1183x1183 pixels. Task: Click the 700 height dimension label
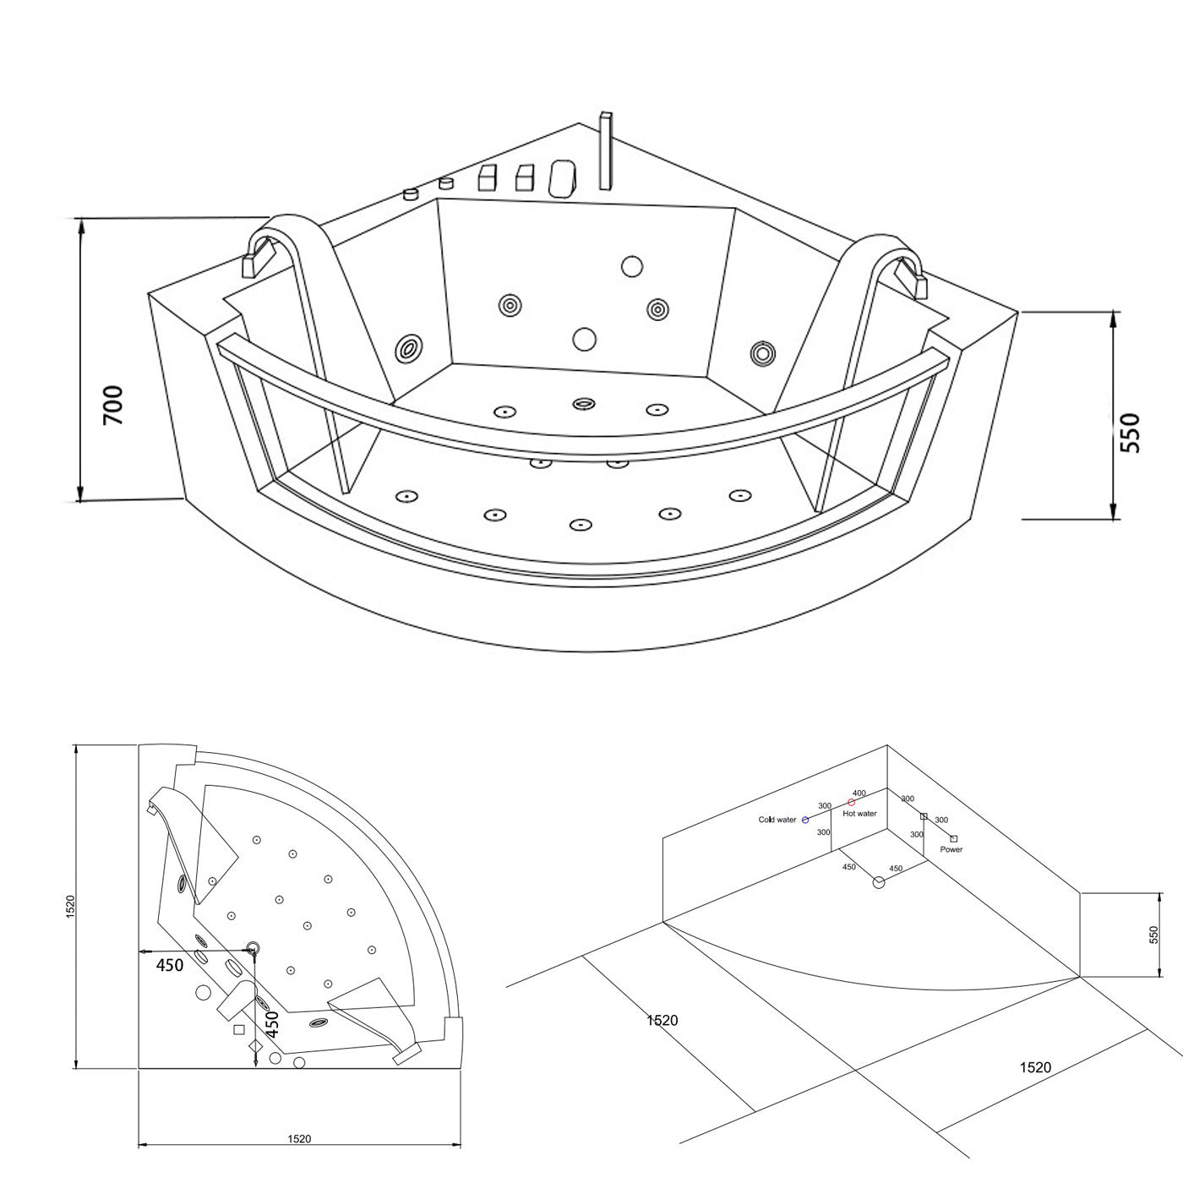click(x=113, y=406)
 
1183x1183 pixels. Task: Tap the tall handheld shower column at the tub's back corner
click(x=606, y=150)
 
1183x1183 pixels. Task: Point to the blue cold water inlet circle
click(x=805, y=820)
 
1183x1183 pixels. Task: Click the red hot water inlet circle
click(x=852, y=803)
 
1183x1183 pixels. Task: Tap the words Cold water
click(x=777, y=820)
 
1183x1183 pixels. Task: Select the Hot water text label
click(x=859, y=814)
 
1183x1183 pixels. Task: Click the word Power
click(x=951, y=850)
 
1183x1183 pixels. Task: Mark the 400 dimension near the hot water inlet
click(x=859, y=793)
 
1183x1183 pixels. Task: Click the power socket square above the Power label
click(x=953, y=838)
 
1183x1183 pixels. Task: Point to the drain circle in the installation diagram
click(x=879, y=883)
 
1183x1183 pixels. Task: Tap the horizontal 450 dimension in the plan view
click(x=170, y=965)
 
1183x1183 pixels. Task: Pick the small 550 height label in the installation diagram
click(x=1153, y=935)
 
